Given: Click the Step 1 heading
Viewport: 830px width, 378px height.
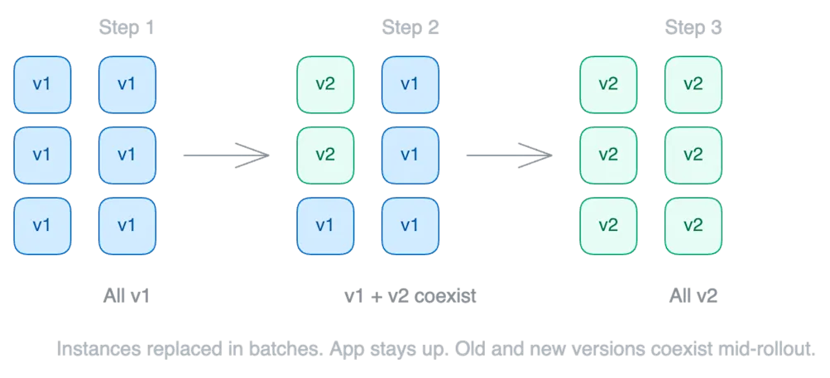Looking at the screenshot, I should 127,28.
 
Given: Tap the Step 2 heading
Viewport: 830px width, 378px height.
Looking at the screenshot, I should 411,28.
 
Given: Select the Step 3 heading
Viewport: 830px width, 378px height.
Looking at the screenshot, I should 694,28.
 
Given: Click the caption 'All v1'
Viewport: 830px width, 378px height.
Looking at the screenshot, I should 127,295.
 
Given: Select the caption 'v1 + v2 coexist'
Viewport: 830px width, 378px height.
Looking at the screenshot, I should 410,295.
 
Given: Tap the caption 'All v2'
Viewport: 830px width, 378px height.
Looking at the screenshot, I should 693,295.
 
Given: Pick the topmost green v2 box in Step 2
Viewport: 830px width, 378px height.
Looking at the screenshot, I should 325,84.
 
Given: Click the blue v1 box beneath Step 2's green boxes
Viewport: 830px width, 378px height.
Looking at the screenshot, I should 325,225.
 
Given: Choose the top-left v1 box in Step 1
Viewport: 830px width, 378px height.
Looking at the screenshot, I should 42,84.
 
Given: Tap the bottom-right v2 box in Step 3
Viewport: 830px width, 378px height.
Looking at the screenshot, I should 693,225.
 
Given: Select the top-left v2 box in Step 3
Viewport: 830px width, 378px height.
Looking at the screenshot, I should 608,84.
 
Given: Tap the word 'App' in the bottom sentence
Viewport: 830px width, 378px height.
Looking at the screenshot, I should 345,349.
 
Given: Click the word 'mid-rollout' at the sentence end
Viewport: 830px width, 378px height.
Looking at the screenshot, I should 775,349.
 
